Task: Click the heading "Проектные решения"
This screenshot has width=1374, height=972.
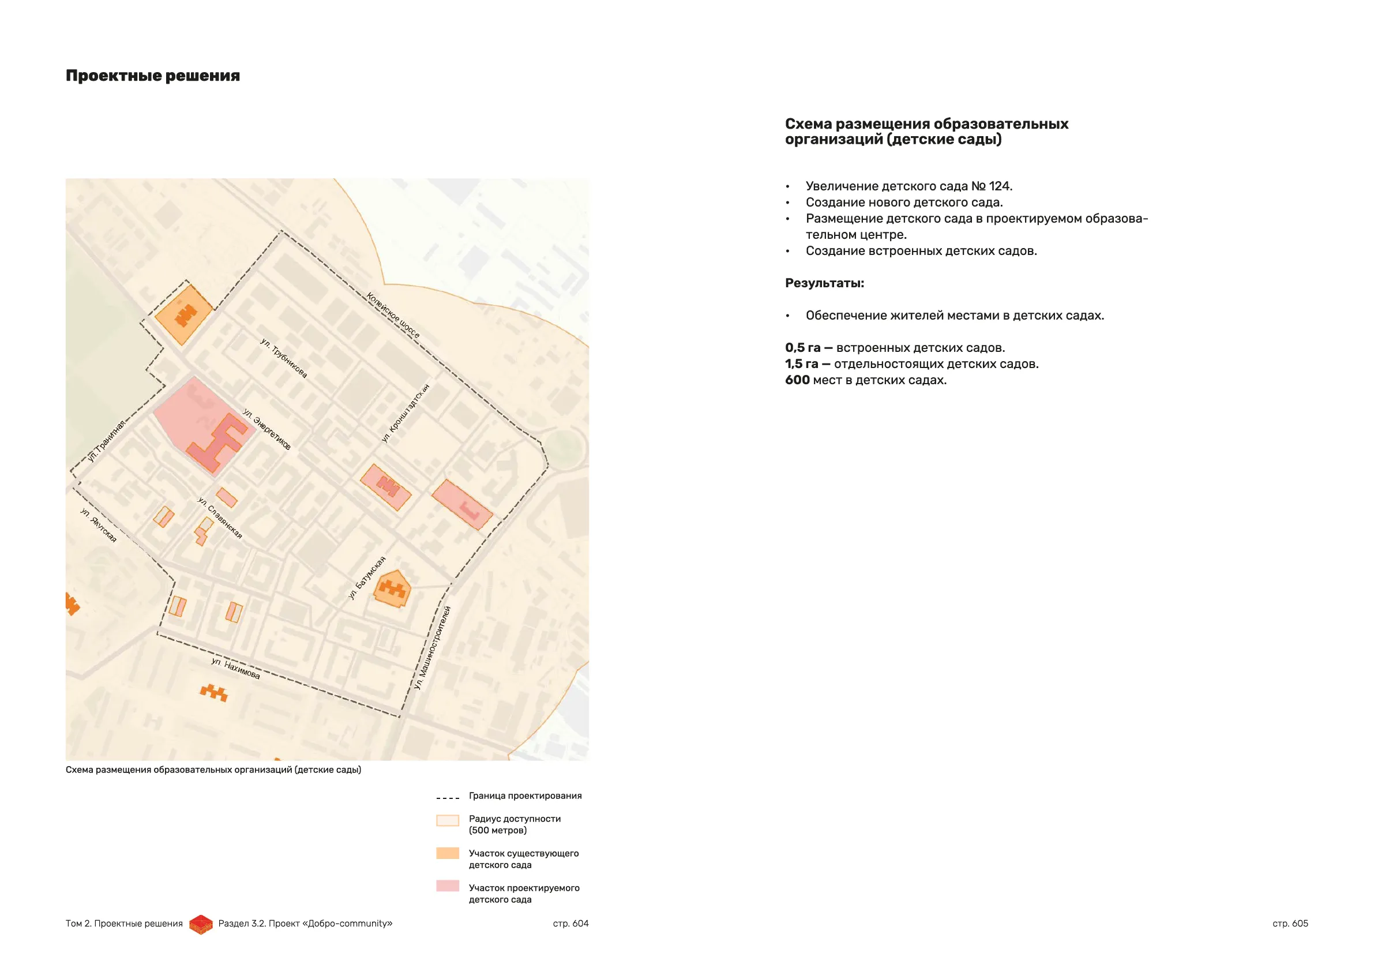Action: (x=153, y=76)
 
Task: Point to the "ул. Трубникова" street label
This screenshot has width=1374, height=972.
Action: (x=284, y=358)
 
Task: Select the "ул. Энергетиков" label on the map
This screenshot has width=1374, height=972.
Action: (x=267, y=429)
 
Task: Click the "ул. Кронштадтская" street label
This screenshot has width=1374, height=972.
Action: (x=406, y=413)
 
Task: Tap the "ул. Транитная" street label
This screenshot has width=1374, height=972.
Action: (x=107, y=441)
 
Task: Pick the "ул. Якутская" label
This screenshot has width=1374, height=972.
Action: (x=99, y=525)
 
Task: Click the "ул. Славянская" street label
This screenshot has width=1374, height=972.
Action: (x=220, y=517)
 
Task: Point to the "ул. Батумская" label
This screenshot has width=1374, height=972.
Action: (x=367, y=577)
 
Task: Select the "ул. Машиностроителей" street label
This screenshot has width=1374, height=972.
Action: (x=432, y=648)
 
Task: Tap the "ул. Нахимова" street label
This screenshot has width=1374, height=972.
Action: (x=236, y=669)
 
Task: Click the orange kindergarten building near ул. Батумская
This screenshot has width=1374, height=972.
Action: (x=393, y=589)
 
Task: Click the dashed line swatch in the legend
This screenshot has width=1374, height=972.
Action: (x=448, y=798)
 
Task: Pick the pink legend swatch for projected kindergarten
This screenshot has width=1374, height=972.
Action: (x=448, y=886)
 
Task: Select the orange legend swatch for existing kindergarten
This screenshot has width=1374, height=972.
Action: (x=448, y=853)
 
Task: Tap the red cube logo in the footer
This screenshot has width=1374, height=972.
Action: (x=201, y=924)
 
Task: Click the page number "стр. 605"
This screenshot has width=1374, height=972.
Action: (x=1290, y=924)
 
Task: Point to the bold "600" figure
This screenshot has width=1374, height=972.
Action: (x=797, y=380)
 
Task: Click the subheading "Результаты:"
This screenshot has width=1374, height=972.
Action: (x=824, y=283)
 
